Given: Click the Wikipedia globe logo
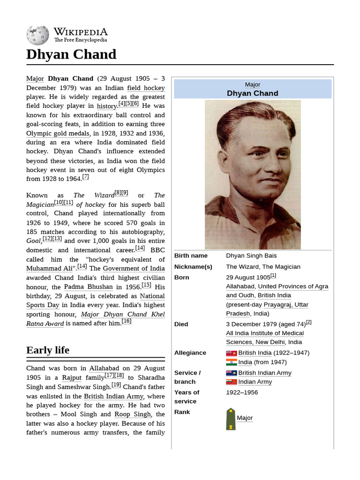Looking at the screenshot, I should (37, 35).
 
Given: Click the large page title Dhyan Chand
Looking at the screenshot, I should (71, 54).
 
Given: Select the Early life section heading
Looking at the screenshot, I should (48, 350).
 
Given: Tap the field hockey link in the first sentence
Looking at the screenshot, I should (146, 88).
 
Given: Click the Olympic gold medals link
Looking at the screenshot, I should (58, 134).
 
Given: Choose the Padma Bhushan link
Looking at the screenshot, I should (88, 287).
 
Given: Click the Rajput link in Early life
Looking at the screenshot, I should (72, 378).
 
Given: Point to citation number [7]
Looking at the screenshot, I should (85, 177).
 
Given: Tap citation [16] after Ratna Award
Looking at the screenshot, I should (127, 321).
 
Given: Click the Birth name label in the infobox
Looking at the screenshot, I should (191, 256).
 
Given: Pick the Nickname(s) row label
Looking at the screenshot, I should (193, 267).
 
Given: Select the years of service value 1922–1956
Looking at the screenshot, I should (242, 392).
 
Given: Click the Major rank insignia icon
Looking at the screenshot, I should (231, 419).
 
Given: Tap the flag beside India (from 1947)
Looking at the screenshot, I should (231, 362).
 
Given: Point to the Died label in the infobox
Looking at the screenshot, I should (181, 324).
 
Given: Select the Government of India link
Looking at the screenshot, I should (134, 269).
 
